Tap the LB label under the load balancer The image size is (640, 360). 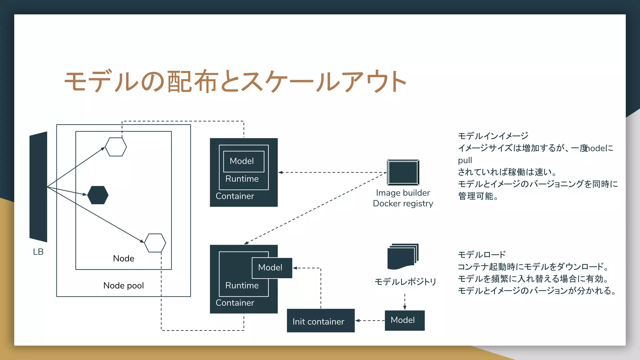coord(38,252)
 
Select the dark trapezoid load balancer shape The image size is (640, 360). coord(38,187)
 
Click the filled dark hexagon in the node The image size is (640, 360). coord(98,195)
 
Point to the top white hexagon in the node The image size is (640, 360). coord(116,147)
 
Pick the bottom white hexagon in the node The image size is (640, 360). coord(155,243)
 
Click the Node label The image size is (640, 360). coord(123,258)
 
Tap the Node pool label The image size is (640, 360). coord(123,286)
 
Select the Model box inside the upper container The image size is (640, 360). coord(243,161)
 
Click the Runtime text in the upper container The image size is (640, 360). coord(242,179)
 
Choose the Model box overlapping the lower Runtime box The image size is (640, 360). coord(272,268)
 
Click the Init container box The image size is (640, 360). coord(321,321)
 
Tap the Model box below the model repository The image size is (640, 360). coord(404,320)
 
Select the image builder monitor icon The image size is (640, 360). coord(403,172)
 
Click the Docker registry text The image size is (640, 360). coord(403,203)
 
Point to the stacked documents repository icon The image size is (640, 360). coord(402,257)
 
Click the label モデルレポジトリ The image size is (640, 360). coord(405,282)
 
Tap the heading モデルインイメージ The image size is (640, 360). coord(493,136)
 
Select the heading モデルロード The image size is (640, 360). coord(482,255)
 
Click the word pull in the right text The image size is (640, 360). coord(465,160)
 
